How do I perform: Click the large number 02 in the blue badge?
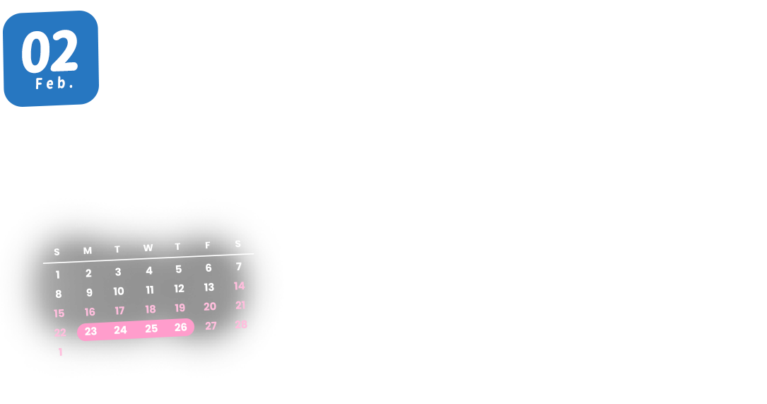pyautogui.click(x=49, y=52)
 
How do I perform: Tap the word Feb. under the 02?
pyautogui.click(x=54, y=83)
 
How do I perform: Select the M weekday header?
pyautogui.click(x=88, y=250)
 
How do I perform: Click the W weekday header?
pyautogui.click(x=148, y=248)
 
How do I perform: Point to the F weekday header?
pyautogui.click(x=208, y=246)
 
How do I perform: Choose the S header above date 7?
pyautogui.click(x=238, y=244)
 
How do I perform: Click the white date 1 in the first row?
pyautogui.click(x=58, y=275)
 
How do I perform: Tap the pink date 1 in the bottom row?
pyautogui.click(x=61, y=352)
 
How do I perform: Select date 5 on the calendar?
pyautogui.click(x=179, y=269)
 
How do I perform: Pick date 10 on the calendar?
pyautogui.click(x=119, y=291)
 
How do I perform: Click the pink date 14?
pyautogui.click(x=240, y=286)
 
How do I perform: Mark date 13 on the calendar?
pyautogui.click(x=209, y=287)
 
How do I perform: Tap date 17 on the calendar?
pyautogui.click(x=119, y=311)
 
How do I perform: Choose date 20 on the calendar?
pyautogui.click(x=210, y=306)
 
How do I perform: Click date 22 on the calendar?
pyautogui.click(x=60, y=333)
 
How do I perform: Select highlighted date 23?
pyautogui.click(x=90, y=331)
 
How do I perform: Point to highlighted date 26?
pyautogui.click(x=181, y=327)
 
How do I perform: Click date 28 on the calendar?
pyautogui.click(x=241, y=324)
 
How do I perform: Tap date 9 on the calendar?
pyautogui.click(x=89, y=292)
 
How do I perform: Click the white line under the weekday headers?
pyautogui.click(x=148, y=258)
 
